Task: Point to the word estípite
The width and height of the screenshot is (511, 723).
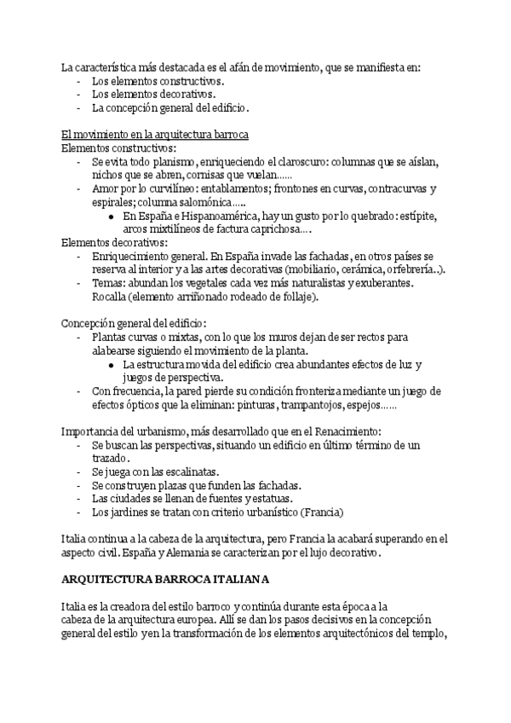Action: tap(407, 217)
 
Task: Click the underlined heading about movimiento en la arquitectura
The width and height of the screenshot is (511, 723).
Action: tap(154, 135)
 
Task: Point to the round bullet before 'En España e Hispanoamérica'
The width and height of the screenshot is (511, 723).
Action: tap(112, 217)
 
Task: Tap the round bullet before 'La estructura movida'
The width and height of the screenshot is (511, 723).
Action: tap(112, 365)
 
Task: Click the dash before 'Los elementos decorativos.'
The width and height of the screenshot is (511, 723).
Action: tap(79, 95)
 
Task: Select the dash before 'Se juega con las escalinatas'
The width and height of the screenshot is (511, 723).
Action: tap(79, 471)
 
